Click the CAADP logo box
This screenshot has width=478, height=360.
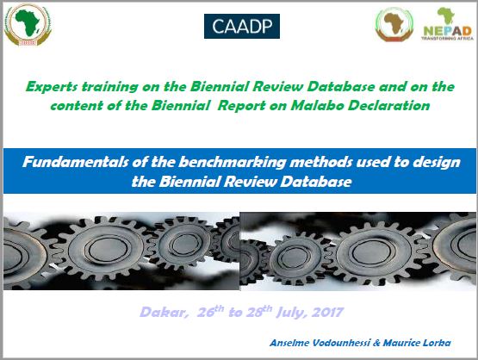(x=242, y=26)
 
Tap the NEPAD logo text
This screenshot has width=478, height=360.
(x=448, y=31)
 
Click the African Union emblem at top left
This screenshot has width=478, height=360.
(x=28, y=25)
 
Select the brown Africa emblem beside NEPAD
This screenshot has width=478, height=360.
(x=394, y=24)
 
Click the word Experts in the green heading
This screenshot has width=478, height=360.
(x=52, y=87)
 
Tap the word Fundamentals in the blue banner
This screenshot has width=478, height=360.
(x=75, y=162)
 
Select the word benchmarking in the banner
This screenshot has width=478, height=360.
(x=232, y=163)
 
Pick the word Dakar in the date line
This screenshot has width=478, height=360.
(x=164, y=313)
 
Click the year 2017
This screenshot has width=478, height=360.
(x=327, y=313)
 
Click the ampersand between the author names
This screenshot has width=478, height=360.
(x=376, y=343)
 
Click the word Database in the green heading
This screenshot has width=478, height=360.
(x=340, y=87)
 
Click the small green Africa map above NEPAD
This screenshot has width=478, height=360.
(x=446, y=16)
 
